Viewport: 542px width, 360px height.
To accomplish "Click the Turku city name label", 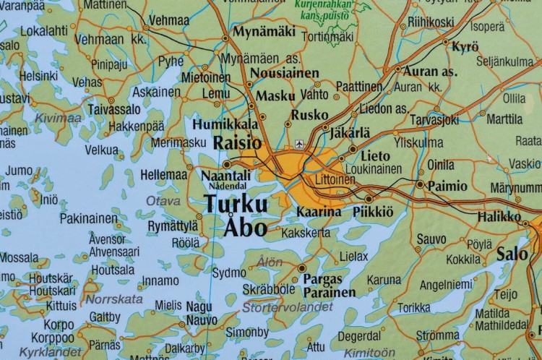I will click(x=236, y=205).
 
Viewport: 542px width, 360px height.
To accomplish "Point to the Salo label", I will click(x=512, y=254).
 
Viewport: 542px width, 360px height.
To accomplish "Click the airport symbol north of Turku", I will click(x=300, y=144).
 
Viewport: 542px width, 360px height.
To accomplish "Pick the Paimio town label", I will click(x=447, y=186).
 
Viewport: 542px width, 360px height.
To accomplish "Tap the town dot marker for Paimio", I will click(x=421, y=184).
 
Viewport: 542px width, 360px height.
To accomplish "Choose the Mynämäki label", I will click(x=264, y=32).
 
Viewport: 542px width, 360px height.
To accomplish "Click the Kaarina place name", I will click(x=319, y=212).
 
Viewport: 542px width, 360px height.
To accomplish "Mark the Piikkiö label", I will click(x=373, y=211).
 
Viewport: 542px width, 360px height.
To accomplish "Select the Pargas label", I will click(x=323, y=278).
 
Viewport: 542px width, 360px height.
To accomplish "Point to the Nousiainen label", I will click(x=284, y=73).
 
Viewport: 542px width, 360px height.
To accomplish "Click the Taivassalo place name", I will click(x=114, y=109).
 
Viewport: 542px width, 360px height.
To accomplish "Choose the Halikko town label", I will click(x=499, y=216).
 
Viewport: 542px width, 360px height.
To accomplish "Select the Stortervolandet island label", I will click(x=288, y=307).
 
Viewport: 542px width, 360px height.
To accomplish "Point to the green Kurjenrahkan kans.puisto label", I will click(x=324, y=8).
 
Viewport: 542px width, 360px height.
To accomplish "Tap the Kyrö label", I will click(x=465, y=47).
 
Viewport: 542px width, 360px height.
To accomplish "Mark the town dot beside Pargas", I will click(x=301, y=268).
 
